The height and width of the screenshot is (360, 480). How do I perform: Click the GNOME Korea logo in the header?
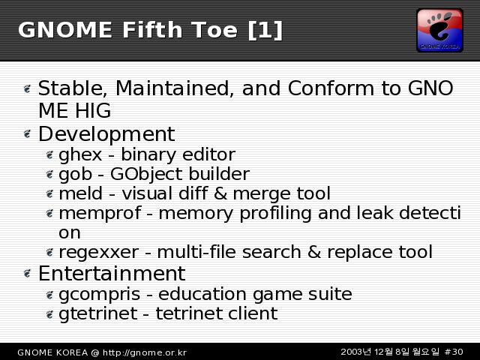click(x=439, y=30)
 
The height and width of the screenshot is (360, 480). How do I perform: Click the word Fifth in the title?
click(x=152, y=30)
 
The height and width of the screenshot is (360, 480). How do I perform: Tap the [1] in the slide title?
click(x=265, y=30)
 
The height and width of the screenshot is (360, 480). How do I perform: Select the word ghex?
click(x=80, y=154)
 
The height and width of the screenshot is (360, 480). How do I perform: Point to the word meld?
click(x=80, y=193)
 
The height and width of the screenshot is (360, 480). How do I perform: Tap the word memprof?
click(x=100, y=213)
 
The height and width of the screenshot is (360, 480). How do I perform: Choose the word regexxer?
click(x=98, y=253)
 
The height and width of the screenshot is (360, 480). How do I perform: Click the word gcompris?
click(x=100, y=294)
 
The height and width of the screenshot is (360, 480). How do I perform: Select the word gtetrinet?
click(x=98, y=313)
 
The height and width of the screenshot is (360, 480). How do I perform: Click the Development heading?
click(x=106, y=134)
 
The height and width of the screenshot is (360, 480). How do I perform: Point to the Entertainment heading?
click(x=112, y=273)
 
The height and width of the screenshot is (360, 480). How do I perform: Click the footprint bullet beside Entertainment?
click(x=28, y=273)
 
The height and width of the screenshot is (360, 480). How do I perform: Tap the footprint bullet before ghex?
click(x=49, y=155)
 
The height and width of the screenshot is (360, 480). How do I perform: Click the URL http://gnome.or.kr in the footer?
click(x=145, y=352)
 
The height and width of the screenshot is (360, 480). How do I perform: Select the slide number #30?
click(x=454, y=352)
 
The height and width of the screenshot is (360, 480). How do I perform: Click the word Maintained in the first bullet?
click(x=172, y=88)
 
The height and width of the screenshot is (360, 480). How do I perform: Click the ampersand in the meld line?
click(x=220, y=193)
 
